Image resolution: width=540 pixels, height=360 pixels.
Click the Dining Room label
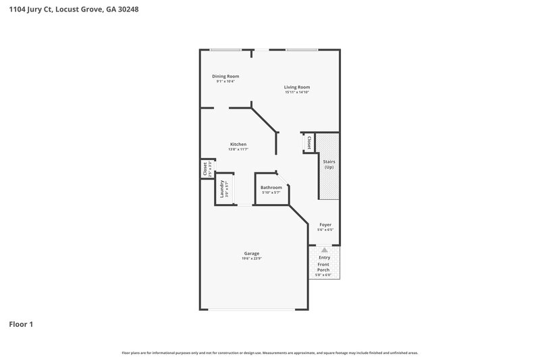click(x=225, y=76)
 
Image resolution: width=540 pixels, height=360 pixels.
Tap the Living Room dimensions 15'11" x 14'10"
click(x=297, y=92)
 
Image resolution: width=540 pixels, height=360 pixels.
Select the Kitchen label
click(x=238, y=144)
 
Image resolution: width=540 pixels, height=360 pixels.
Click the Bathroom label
click(x=271, y=187)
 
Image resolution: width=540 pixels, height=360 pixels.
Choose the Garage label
click(x=251, y=253)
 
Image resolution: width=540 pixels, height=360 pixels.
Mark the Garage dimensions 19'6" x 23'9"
click(x=251, y=259)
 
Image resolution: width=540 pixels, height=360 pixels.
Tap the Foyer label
click(x=325, y=224)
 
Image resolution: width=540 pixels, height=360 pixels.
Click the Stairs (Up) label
click(x=329, y=165)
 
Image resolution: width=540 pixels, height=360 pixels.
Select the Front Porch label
click(x=324, y=267)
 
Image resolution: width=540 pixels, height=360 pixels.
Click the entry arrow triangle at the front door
click(x=325, y=250)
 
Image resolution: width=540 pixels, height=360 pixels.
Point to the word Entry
click(x=325, y=257)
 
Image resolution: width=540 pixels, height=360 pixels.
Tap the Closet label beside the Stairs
click(x=308, y=143)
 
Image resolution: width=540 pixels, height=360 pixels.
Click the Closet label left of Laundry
click(x=205, y=168)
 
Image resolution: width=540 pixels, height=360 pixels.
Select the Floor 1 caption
click(x=21, y=324)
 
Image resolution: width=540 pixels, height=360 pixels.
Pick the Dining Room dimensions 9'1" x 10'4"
click(x=225, y=82)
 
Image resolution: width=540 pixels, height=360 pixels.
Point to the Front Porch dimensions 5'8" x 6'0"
click(x=324, y=275)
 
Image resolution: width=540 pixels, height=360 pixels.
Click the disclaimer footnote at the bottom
click(x=270, y=353)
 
